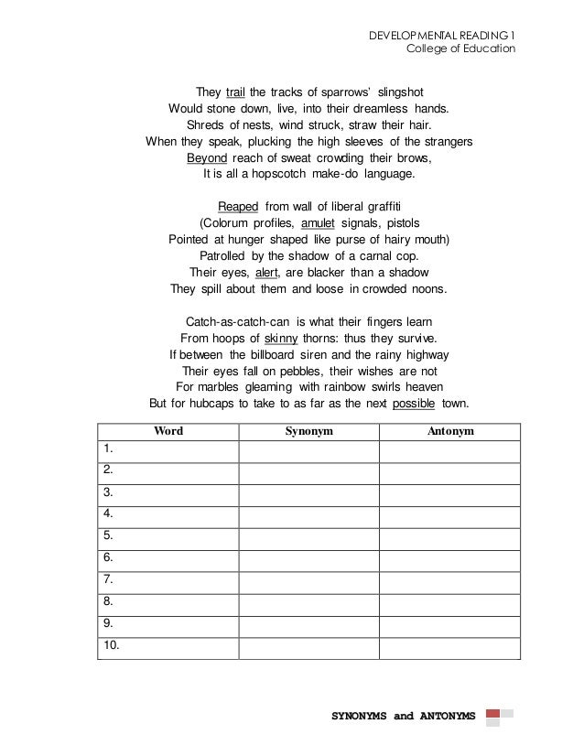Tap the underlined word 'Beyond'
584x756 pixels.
pyautogui.click(x=207, y=157)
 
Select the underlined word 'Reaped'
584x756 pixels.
pyautogui.click(x=238, y=206)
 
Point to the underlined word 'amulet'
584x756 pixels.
pyautogui.click(x=319, y=222)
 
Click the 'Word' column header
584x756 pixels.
pyautogui.click(x=168, y=430)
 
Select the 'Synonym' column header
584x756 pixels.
pyautogui.click(x=308, y=430)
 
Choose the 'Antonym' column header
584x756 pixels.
pyautogui.click(x=449, y=430)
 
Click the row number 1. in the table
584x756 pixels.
pyautogui.click(x=108, y=448)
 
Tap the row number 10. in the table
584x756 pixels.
pyautogui.click(x=112, y=647)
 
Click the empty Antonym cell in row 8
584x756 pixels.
pyautogui.click(x=449, y=603)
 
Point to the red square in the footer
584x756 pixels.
pyautogui.click(x=493, y=714)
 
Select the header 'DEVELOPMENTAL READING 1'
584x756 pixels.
pyautogui.click(x=441, y=36)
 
